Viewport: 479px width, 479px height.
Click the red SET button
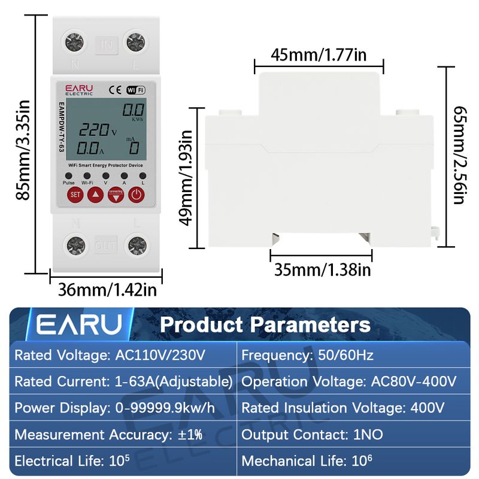point(75,194)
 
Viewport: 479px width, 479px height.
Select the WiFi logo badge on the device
point(136,90)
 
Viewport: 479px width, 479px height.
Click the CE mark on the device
point(116,90)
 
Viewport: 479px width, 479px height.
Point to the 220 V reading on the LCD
point(98,129)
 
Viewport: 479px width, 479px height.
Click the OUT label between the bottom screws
point(106,245)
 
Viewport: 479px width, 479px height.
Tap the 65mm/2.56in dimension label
point(459,156)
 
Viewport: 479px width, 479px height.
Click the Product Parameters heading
point(265,325)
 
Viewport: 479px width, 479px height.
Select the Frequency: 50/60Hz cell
point(307,355)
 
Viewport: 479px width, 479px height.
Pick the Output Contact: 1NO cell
point(312,435)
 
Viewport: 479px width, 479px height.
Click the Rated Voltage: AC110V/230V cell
point(110,355)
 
